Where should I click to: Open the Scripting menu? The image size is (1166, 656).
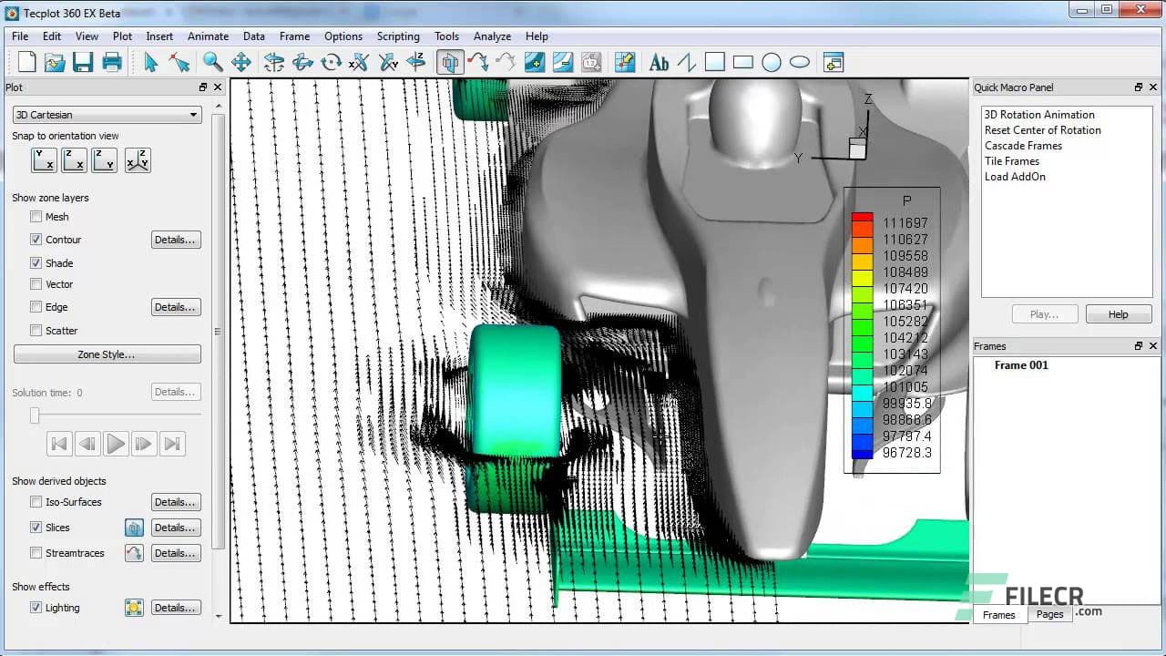tap(398, 36)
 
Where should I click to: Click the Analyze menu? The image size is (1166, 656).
tap(492, 36)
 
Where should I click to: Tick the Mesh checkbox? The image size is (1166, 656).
tap(36, 217)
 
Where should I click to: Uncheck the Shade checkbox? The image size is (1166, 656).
tap(36, 263)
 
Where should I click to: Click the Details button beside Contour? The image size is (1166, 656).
tap(175, 240)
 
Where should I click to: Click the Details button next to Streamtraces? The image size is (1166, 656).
tap(175, 553)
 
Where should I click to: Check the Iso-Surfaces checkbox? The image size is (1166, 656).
tap(36, 502)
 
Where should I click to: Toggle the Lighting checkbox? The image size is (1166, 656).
tap(36, 608)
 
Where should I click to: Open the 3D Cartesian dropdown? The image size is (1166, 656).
tap(107, 115)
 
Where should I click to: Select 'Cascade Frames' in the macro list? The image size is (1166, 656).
tap(1023, 146)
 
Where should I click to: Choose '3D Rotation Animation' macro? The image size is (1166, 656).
tap(1039, 115)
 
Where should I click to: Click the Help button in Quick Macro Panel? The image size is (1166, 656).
tap(1118, 314)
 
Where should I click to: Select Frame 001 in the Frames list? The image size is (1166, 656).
tap(1021, 365)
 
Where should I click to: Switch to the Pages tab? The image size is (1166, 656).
tap(1049, 614)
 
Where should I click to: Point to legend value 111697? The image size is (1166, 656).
tap(905, 223)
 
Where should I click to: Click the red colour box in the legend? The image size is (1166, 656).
tap(862, 220)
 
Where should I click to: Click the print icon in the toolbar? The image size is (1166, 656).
tap(112, 62)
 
